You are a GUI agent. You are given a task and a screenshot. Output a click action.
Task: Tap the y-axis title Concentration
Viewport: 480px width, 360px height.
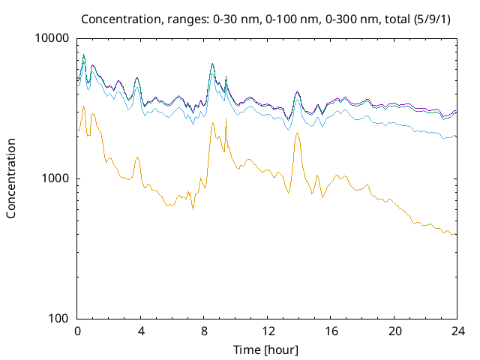[x=11, y=178]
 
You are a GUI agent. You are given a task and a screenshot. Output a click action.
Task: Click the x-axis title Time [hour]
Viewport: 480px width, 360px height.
[x=266, y=349]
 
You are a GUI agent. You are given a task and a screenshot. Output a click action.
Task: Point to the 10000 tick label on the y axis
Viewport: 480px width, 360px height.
[x=52, y=39]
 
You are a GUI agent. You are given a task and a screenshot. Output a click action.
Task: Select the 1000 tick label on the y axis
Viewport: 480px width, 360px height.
[x=55, y=178]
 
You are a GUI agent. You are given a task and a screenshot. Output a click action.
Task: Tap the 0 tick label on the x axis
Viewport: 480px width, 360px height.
[x=77, y=331]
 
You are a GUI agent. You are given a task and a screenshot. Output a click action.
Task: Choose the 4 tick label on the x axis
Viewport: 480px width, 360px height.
[x=140, y=331]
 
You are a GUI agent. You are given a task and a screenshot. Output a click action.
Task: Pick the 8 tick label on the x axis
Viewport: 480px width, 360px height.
[x=203, y=331]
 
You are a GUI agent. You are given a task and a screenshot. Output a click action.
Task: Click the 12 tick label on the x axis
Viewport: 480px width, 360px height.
[x=266, y=331]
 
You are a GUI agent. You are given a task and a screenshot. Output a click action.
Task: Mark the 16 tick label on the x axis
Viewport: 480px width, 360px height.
[x=329, y=331]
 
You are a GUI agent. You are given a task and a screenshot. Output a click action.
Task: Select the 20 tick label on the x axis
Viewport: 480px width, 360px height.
[x=392, y=331]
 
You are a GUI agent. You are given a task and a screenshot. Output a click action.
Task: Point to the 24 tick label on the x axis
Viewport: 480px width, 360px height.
[x=455, y=331]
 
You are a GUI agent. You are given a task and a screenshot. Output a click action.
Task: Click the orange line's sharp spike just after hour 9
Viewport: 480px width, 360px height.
[x=226, y=120]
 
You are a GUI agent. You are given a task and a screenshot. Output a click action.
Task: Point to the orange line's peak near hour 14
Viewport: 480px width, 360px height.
[x=298, y=133]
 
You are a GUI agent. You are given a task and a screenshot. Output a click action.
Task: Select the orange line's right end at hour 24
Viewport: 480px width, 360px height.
[x=455, y=235]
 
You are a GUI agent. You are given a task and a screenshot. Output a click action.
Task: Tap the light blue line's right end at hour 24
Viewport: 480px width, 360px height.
[x=455, y=136]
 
